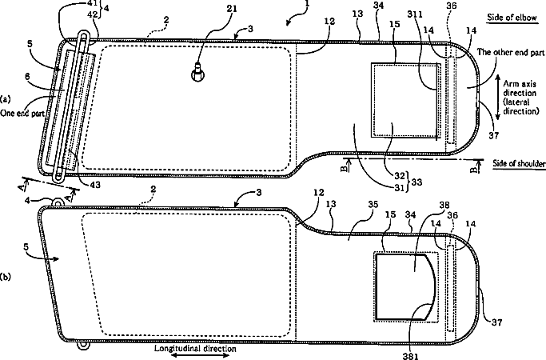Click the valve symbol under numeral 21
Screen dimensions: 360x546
pos(197,74)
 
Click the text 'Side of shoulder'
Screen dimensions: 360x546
pos(515,164)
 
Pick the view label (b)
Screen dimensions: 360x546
pos(6,278)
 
